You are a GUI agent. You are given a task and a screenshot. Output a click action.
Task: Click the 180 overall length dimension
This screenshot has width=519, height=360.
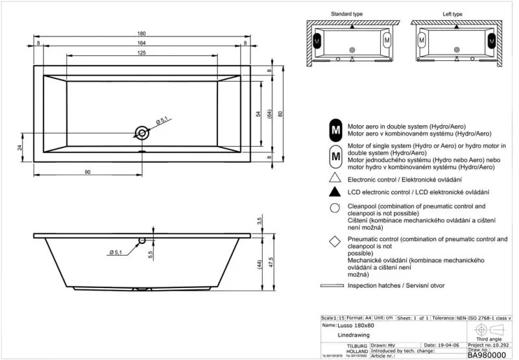[141, 34]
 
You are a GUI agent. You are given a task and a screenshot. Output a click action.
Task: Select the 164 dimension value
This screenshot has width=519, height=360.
[141, 43]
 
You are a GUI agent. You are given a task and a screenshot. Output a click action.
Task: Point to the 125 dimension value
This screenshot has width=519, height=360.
[141, 53]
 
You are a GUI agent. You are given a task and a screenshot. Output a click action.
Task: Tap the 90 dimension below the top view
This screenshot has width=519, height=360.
[87, 172]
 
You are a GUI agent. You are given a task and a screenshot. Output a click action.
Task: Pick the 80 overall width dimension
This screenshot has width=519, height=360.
[281, 114]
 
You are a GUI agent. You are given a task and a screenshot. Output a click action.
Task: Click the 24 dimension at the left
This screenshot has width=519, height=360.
[19, 147]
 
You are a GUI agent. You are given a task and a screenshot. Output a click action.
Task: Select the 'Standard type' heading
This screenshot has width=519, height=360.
[347, 14]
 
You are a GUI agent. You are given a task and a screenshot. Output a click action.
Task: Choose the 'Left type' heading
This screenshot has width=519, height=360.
[452, 14]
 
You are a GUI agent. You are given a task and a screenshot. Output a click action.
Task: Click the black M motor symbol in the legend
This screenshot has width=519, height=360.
[335, 130]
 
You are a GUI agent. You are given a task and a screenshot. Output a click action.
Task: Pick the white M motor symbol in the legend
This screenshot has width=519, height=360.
[335, 156]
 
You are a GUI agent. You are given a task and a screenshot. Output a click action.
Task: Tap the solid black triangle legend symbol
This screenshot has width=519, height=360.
[335, 192]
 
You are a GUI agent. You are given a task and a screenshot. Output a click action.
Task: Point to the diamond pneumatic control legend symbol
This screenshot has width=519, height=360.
[335, 243]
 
